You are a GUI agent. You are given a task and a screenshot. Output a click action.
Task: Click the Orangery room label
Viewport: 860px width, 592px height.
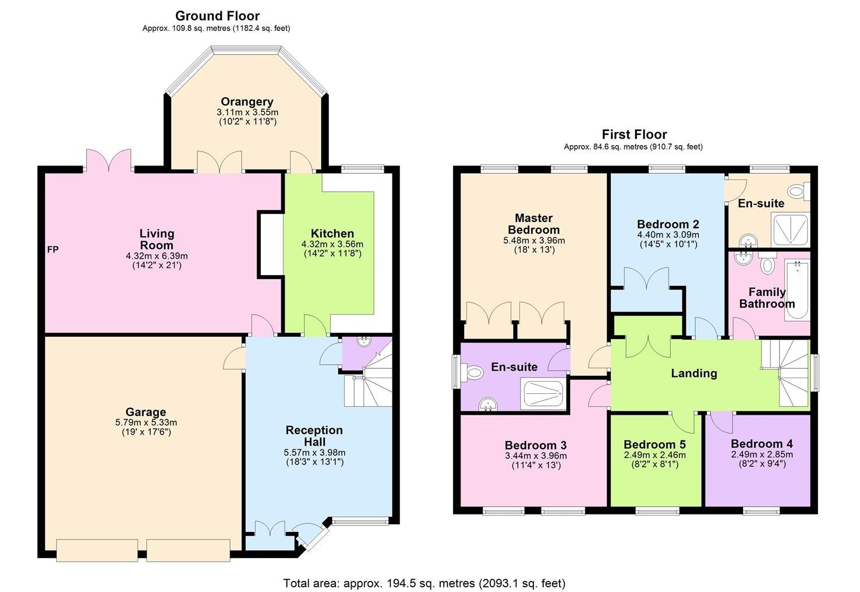tap(247, 102)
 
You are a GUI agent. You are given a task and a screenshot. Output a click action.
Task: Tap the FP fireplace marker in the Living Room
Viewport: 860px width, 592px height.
tap(52, 250)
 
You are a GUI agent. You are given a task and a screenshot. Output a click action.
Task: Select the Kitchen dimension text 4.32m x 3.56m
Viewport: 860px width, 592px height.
tap(332, 244)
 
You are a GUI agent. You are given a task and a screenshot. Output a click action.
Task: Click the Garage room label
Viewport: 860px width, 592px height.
tap(146, 412)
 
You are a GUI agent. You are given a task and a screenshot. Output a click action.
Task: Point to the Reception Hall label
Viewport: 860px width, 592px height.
tap(314, 436)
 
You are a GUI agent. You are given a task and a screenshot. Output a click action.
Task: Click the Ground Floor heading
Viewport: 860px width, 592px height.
tap(217, 16)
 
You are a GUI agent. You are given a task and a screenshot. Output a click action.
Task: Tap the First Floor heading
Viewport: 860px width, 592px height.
tap(634, 135)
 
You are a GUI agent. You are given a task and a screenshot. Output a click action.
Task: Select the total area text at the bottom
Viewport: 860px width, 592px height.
tap(424, 583)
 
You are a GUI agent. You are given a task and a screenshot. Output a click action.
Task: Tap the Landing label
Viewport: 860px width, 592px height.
tap(693, 373)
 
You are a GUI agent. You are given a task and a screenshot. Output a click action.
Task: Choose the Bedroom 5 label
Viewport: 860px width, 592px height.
tap(654, 445)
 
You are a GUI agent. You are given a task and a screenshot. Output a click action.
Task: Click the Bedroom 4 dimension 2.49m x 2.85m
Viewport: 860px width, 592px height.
tap(762, 454)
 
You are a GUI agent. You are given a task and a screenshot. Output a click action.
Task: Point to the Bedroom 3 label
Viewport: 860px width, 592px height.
tap(536, 445)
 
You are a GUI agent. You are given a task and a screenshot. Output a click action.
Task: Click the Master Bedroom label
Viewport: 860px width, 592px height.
tap(534, 224)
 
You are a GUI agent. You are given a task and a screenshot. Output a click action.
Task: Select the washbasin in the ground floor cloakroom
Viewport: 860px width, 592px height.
tap(363, 341)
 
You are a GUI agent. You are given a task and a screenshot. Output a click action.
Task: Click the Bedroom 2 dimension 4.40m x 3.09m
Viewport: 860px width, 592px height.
tap(668, 235)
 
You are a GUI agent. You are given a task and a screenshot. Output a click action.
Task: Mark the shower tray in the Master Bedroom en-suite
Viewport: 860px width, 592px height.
tap(543, 394)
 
